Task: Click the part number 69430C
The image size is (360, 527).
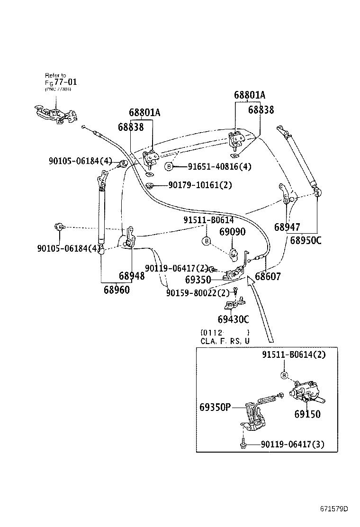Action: tap(233, 320)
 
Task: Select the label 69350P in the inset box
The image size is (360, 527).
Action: tap(214, 407)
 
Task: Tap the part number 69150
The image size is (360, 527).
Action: tap(307, 414)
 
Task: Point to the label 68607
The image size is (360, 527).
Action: tap(268, 276)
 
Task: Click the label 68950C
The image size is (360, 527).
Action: tap(306, 240)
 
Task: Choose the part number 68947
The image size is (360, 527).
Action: tap(287, 227)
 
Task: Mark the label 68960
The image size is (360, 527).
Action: tap(117, 289)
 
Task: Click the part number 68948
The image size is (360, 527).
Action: tap(131, 276)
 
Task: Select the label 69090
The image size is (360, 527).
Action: tap(232, 232)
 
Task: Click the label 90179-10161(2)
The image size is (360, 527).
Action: tap(200, 185)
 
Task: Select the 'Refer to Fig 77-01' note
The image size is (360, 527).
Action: tap(60, 82)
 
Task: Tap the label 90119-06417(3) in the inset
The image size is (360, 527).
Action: tap(292, 444)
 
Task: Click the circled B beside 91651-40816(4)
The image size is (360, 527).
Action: tap(168, 166)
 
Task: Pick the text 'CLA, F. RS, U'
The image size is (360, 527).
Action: tap(225, 341)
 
